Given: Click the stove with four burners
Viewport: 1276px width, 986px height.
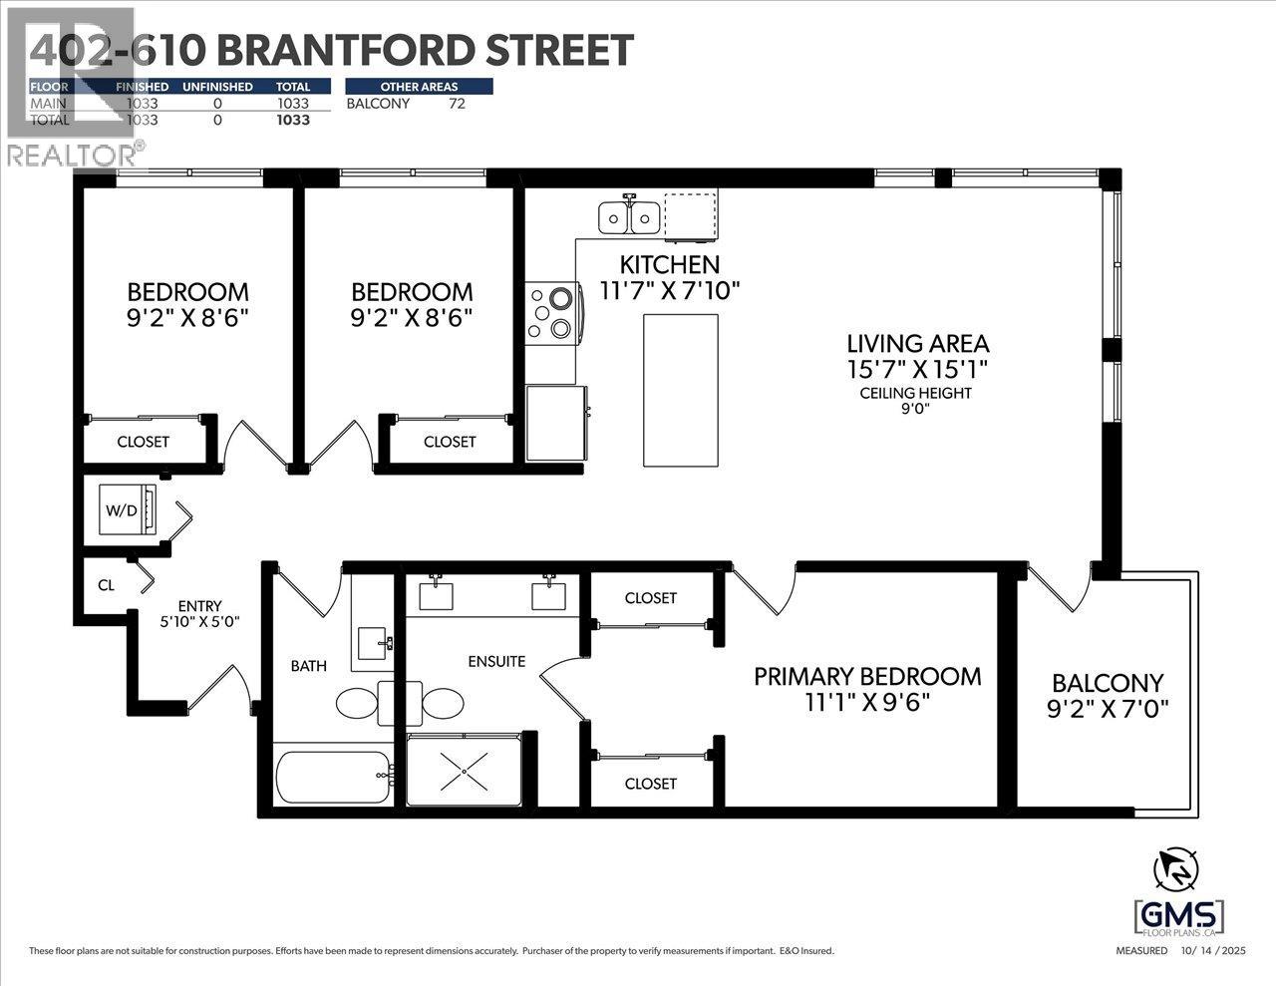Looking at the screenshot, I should [551, 313].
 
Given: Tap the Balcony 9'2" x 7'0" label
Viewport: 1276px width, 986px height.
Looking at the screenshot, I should [1107, 695].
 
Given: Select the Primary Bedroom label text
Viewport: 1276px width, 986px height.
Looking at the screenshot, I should [867, 676].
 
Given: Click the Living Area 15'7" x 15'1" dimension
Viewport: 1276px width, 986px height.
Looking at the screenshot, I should [917, 369].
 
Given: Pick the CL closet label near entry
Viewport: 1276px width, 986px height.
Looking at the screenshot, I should [106, 585].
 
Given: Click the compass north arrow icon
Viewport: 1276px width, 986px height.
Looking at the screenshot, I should [1176, 869].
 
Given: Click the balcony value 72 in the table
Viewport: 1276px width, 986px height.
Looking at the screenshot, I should [457, 103].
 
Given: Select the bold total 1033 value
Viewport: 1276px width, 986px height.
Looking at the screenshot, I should [293, 120].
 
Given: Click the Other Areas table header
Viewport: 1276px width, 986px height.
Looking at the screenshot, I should [419, 87].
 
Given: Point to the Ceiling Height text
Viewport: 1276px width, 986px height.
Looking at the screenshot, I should [915, 393].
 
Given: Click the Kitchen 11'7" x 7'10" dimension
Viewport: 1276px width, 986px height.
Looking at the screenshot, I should [669, 290].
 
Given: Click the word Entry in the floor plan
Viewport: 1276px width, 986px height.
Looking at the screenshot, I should [199, 605].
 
